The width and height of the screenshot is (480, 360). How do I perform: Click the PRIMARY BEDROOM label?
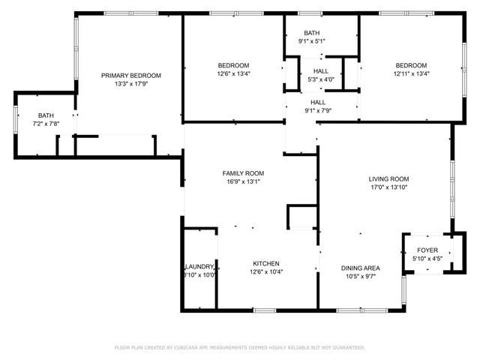tap(131, 75)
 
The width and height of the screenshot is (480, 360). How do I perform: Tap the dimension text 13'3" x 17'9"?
tap(131, 84)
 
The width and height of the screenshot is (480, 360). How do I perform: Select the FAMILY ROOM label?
tap(243, 172)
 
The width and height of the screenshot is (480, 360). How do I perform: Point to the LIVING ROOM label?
tap(388, 178)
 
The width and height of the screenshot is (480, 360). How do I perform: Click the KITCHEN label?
tap(265, 263)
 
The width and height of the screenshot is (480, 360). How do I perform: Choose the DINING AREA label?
tap(360, 268)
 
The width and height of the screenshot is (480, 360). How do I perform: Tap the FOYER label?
tap(427, 250)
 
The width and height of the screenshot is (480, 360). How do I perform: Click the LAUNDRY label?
tap(199, 266)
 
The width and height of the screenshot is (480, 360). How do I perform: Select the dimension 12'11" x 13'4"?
tap(411, 73)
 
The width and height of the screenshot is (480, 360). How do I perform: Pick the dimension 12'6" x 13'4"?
tap(233, 73)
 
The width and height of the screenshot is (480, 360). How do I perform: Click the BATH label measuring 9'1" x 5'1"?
tap(312, 33)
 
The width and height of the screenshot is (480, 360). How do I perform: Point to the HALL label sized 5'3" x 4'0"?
tap(320, 70)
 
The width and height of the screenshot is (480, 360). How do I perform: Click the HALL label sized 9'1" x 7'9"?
tap(318, 102)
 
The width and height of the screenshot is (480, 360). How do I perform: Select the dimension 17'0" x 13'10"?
tap(388, 187)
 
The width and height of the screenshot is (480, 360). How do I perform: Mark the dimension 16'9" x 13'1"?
tap(243, 181)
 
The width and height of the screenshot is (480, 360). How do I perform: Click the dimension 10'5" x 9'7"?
tap(360, 277)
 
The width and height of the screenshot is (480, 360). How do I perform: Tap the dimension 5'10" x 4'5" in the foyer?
tap(427, 259)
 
